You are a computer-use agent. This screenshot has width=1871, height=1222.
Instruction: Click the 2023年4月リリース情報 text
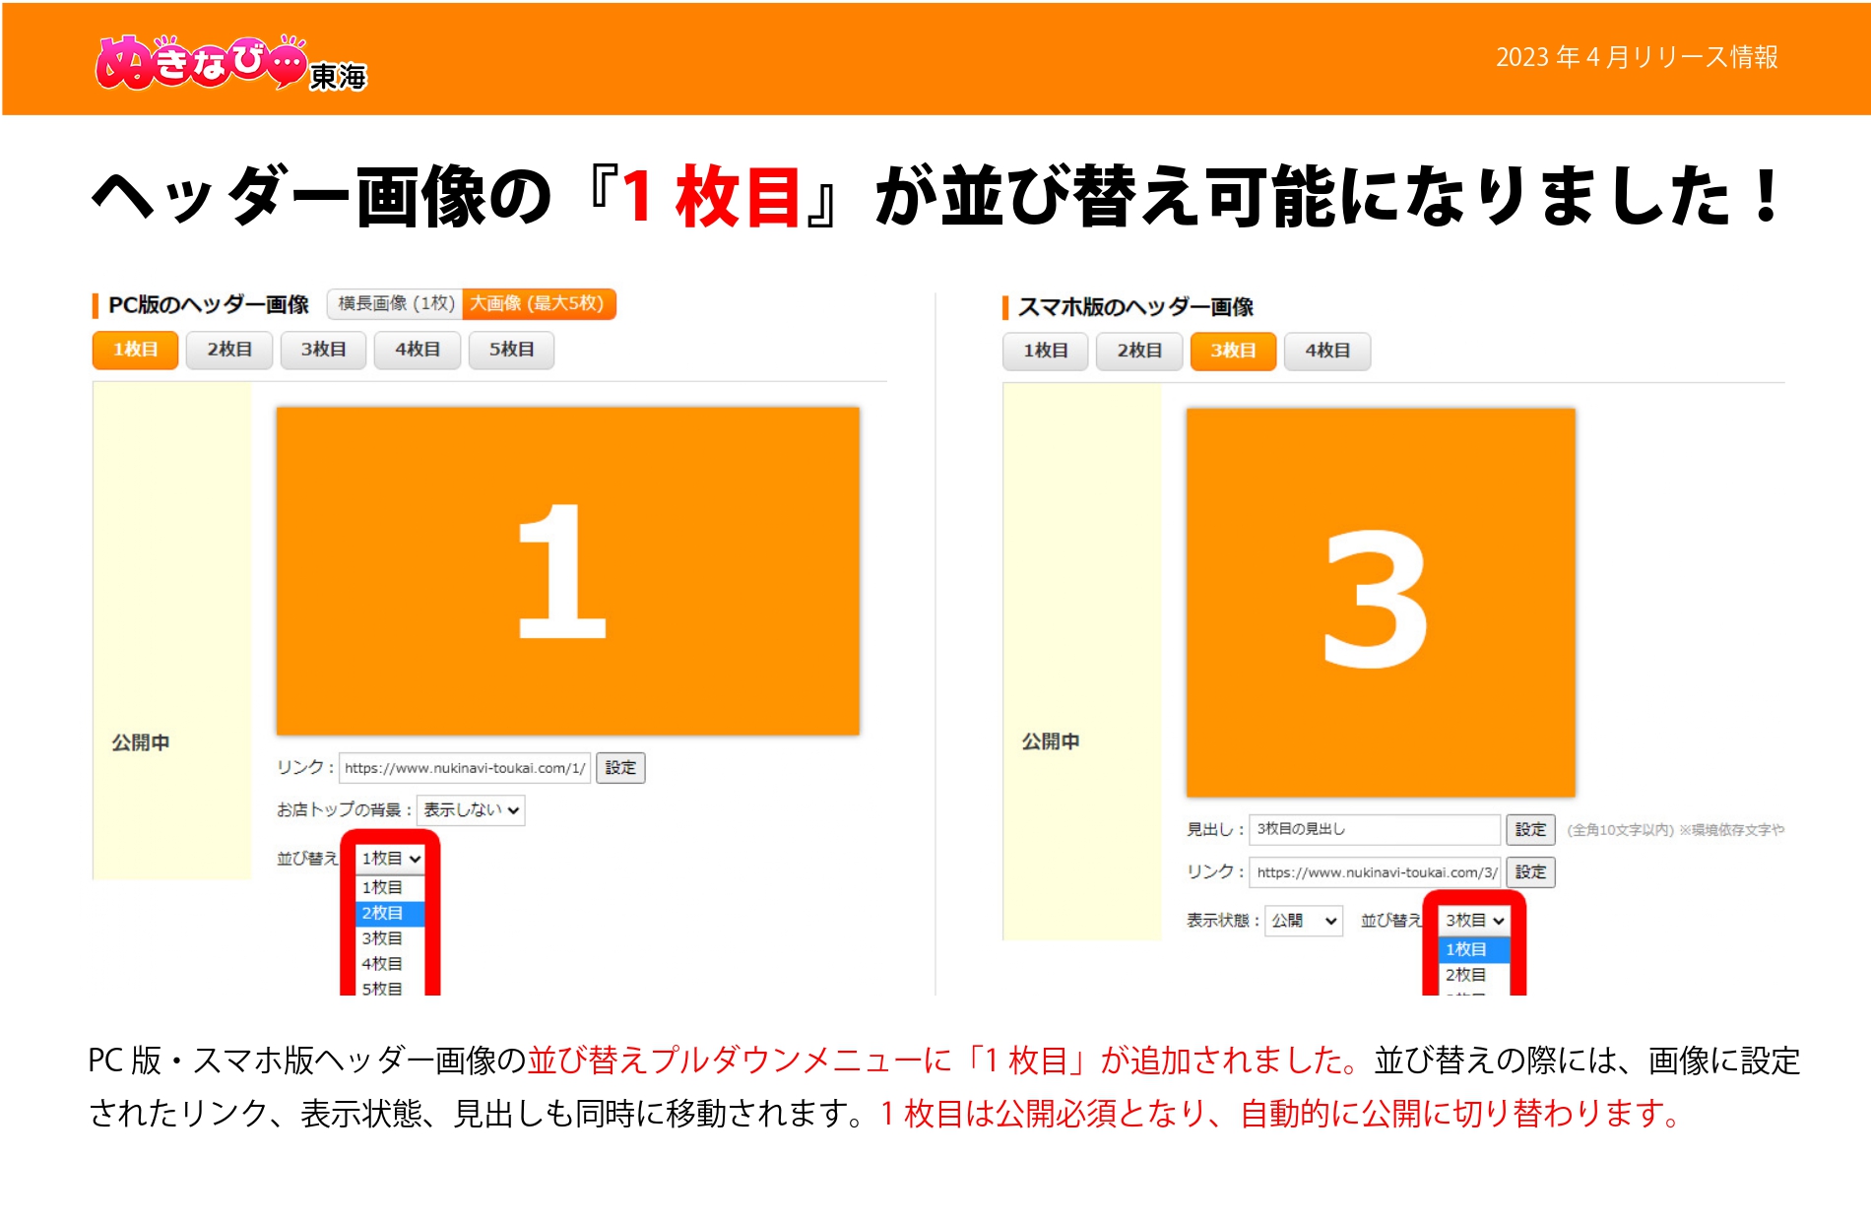coord(1636,57)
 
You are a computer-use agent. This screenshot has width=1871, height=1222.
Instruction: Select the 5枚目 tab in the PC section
coord(511,350)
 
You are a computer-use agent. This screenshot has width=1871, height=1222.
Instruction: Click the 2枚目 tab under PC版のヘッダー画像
coord(229,350)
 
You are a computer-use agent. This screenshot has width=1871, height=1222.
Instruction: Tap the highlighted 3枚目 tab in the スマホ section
coord(1233,351)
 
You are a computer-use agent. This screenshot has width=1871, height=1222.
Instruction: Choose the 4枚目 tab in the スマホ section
coord(1326,351)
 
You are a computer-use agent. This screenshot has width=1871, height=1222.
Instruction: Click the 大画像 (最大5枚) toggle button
coord(538,303)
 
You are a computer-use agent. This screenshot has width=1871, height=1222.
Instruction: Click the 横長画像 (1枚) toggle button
coord(396,303)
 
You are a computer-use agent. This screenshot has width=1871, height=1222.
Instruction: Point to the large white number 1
coord(561,571)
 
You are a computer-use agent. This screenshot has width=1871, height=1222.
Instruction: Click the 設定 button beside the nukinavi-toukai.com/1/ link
coord(620,768)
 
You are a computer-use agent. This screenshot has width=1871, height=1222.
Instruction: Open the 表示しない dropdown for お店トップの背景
coord(471,810)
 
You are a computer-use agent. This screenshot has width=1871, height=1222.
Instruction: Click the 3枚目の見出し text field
coord(1374,829)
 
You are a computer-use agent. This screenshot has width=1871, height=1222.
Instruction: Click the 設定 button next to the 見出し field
coord(1530,830)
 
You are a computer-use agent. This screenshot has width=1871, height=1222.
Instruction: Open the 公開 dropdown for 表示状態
coord(1303,921)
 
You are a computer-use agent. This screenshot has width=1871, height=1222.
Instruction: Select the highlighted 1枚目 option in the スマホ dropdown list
coord(1472,949)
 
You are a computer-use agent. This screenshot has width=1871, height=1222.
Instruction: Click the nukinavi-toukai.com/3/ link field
coord(1376,872)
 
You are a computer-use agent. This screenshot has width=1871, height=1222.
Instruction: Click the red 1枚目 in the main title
coord(711,197)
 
